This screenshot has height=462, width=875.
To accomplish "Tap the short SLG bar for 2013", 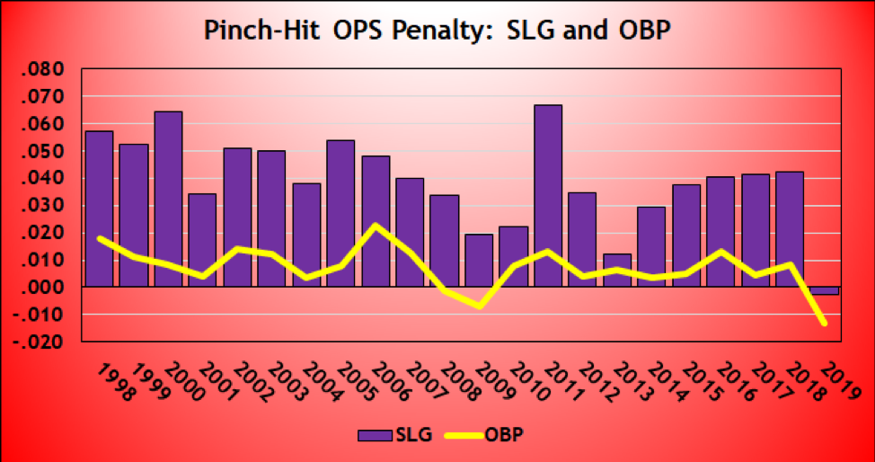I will [x=616, y=270].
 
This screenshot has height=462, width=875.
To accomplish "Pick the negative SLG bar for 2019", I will [x=823, y=290].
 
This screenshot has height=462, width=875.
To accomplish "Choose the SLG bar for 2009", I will [x=478, y=261].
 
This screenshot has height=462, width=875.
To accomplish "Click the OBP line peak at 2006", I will [x=376, y=225].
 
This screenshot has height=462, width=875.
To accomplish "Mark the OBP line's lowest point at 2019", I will [x=823, y=323].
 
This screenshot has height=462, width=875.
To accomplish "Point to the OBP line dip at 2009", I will [x=479, y=307].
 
